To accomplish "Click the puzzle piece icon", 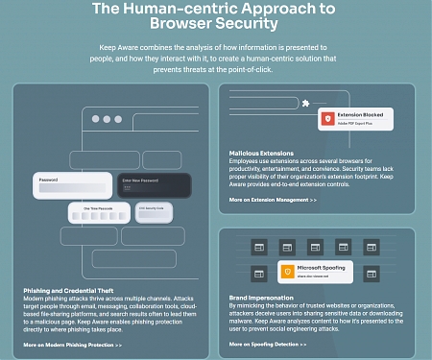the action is tap(304, 103).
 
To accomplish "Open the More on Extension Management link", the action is tap(273, 200).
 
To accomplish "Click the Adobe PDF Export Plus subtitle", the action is tap(356, 125).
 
